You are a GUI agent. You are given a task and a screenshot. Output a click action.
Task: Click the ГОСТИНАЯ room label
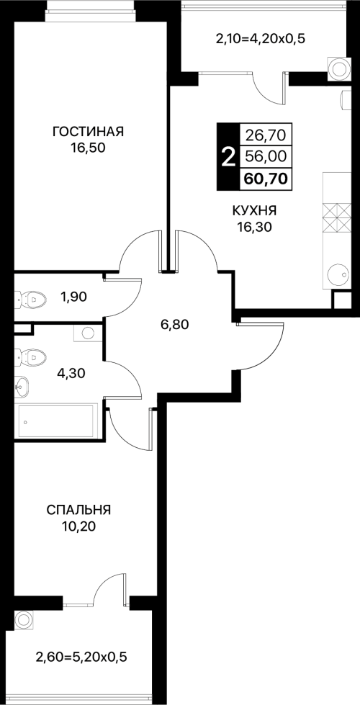click(x=88, y=132)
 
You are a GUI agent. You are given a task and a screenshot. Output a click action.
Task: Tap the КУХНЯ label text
click(x=254, y=210)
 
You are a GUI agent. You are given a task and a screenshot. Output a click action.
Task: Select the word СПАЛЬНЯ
click(x=78, y=510)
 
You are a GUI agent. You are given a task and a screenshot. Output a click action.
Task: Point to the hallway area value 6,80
click(x=175, y=323)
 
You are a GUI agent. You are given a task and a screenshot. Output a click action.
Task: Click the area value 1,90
click(x=73, y=296)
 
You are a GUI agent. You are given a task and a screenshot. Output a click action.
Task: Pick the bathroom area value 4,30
click(x=71, y=373)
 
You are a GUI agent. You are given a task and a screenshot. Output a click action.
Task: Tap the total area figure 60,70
click(x=266, y=179)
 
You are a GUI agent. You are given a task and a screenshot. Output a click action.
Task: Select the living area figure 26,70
click(x=266, y=135)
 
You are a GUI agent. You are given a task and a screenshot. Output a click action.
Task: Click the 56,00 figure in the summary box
click(x=266, y=156)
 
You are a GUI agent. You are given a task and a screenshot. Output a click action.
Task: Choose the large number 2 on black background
click(x=229, y=157)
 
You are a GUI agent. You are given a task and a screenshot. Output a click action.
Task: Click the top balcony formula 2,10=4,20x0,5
click(x=261, y=39)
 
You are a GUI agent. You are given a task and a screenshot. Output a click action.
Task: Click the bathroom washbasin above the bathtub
click(x=22, y=385)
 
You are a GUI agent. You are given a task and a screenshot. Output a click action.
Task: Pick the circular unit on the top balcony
click(x=338, y=69)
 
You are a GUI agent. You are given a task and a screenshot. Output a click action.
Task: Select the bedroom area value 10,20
click(x=78, y=527)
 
